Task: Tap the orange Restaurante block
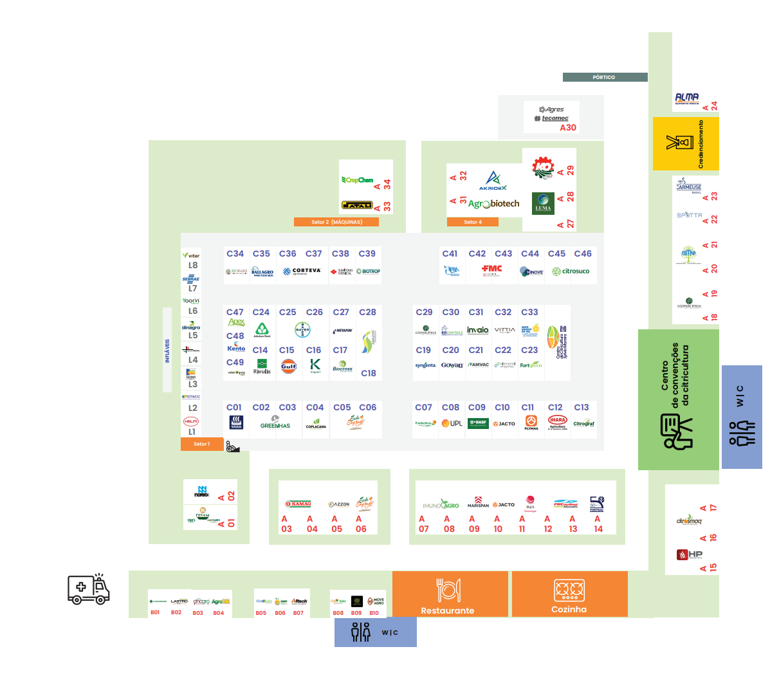pos(447,594)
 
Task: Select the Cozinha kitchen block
pos(569,594)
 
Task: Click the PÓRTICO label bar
pos(605,77)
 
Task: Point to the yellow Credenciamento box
pos(685,143)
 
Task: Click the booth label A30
pos(567,127)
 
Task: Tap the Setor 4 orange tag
pos(473,222)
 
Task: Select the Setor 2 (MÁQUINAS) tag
pos(336,222)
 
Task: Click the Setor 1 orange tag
pos(201,444)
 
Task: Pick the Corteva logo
pos(302,271)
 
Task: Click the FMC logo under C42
pos(492,269)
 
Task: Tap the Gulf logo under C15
pos(288,366)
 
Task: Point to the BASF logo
pos(478,423)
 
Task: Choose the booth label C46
pos(583,253)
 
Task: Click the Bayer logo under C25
pos(302,330)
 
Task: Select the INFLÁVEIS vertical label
pos(167,351)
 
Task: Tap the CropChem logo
pos(358,180)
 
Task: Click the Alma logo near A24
pos(687,98)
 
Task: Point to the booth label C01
pos(234,407)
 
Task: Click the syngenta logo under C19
pos(425,365)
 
